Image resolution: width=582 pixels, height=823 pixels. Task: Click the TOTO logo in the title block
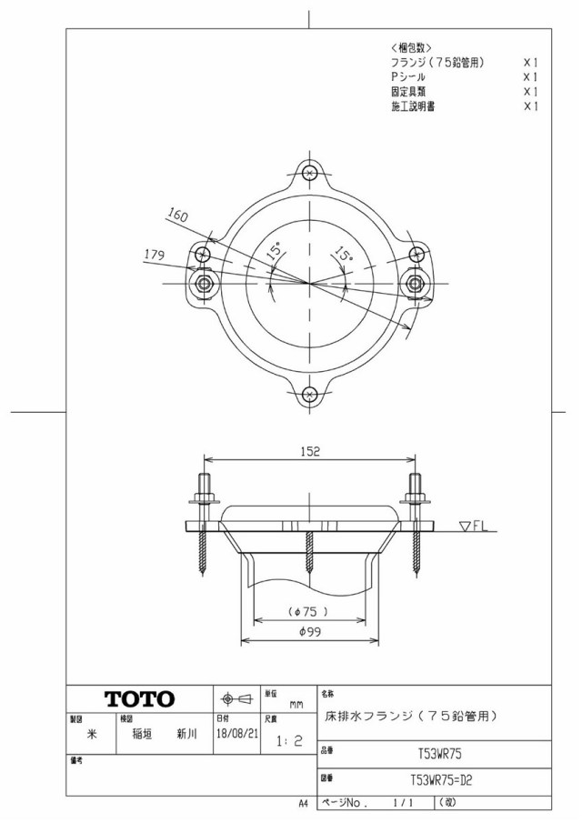(140, 699)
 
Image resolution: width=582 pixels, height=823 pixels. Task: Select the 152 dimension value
(309, 451)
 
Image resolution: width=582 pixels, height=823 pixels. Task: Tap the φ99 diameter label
(309, 632)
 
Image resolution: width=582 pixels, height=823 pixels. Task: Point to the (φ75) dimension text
(309, 612)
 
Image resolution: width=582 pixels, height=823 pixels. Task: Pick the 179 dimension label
(155, 256)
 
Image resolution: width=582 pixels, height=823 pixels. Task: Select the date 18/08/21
(237, 733)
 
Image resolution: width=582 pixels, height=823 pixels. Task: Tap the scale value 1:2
(290, 740)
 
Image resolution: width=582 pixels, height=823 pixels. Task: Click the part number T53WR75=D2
(441, 780)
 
